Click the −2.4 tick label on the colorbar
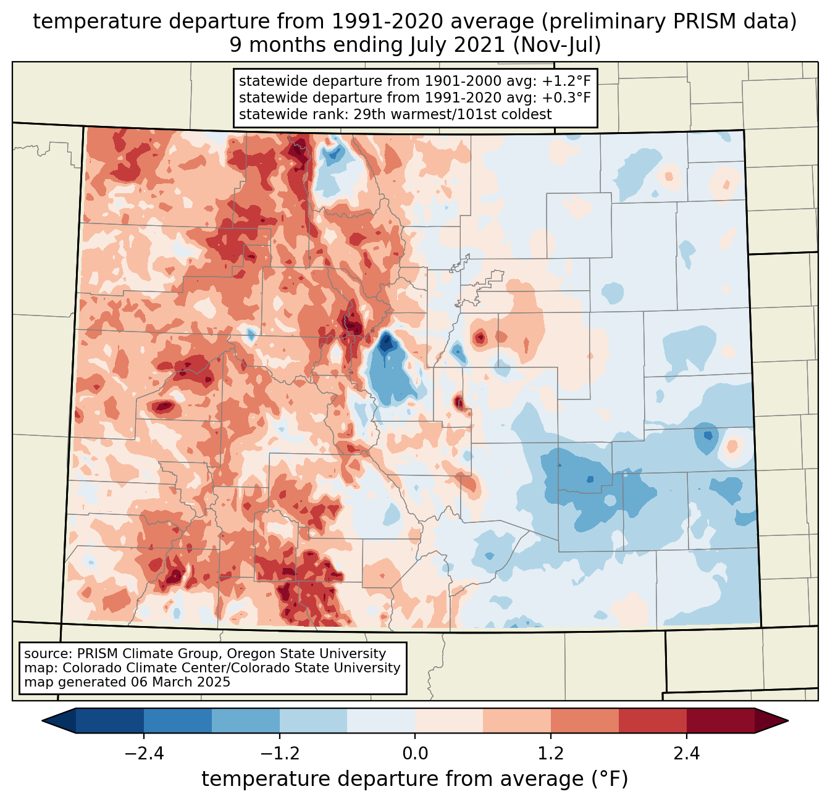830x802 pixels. click(x=143, y=754)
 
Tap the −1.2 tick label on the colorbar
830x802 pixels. click(x=279, y=754)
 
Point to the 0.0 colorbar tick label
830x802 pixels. click(x=415, y=754)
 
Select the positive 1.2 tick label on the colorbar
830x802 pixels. click(x=551, y=754)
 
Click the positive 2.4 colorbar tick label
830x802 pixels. click(x=686, y=754)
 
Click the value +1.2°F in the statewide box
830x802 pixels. click(x=566, y=81)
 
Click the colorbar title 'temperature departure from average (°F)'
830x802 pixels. click(x=415, y=779)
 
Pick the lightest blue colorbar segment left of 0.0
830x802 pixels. click(x=381, y=721)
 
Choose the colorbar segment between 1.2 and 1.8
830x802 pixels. click(x=585, y=721)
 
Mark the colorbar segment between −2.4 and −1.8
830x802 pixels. click(x=178, y=721)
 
